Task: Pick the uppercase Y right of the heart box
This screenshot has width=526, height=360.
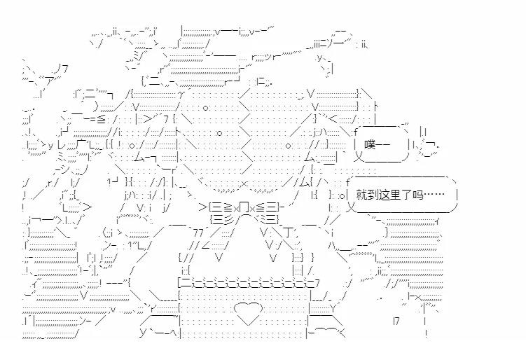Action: point(333,307)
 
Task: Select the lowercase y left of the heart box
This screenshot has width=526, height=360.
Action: point(142,333)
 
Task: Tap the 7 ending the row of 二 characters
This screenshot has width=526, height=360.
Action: point(317,283)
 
